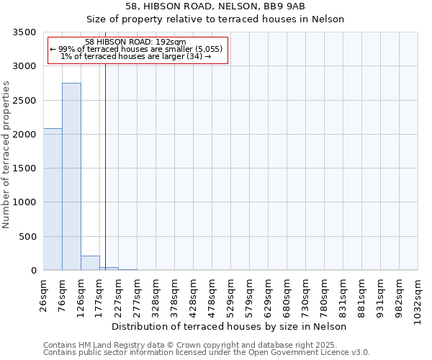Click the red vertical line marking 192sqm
point(105,166)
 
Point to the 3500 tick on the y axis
point(26,33)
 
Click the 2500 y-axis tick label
point(26,101)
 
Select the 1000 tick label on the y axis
point(26,203)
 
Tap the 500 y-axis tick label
point(29,237)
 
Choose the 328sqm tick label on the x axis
point(156,295)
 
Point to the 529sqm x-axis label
point(231,295)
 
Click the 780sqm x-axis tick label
point(325,295)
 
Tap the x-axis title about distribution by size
point(230,326)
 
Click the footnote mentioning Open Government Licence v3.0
point(206,353)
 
